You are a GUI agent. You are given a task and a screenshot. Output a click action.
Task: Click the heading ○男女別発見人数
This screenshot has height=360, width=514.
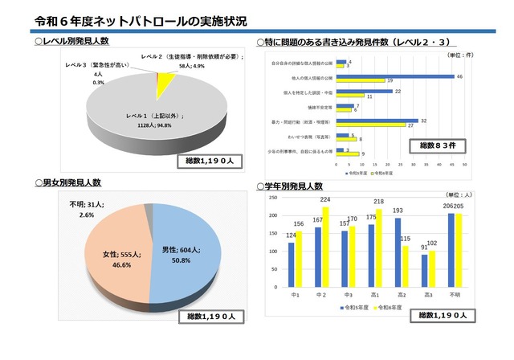pos(72,183)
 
